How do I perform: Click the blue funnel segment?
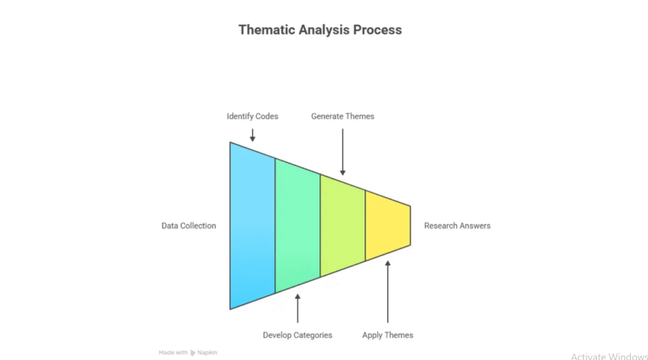252,226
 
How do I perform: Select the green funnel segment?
297,226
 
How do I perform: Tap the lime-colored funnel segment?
342,226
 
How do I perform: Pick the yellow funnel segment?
387,226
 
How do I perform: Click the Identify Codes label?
252,116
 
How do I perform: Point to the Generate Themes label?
342,116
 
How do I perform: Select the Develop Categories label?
297,335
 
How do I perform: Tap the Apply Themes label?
387,335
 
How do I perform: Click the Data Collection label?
189,226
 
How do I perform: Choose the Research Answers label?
457,226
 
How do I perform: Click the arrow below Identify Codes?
252,135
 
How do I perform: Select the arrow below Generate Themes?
342,152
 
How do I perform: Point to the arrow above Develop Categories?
297,308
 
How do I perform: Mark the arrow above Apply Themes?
387,291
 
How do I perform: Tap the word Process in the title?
378,30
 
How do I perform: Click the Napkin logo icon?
193,352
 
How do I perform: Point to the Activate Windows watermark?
608,357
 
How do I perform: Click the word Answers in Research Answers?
475,226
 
